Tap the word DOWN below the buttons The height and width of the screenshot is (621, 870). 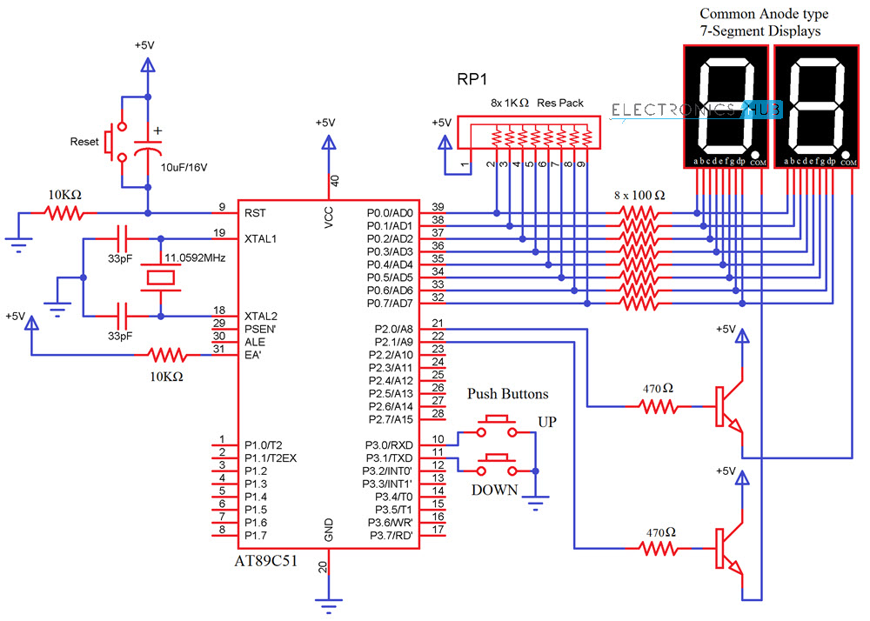(494, 490)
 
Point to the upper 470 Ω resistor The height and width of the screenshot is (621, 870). (659, 405)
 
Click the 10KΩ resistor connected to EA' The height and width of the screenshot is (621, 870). (165, 355)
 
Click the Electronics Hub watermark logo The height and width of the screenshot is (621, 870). (697, 110)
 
